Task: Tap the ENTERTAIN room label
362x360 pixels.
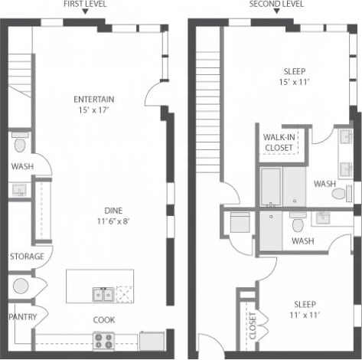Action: [94, 99]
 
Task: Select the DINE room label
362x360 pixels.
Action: [116, 210]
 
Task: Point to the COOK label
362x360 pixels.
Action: [104, 319]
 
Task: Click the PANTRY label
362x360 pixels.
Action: [22, 316]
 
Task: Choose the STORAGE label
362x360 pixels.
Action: [26, 256]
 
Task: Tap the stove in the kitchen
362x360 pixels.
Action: [103, 340]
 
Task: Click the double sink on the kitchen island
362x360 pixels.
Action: [103, 293]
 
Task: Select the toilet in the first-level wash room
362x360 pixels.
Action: [20, 143]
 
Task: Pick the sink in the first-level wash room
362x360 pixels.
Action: [18, 188]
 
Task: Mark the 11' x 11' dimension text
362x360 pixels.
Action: [295, 314]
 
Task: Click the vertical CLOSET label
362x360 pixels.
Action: [251, 325]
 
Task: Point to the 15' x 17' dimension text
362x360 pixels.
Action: [94, 110]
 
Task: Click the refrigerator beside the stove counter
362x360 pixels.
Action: [152, 340]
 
